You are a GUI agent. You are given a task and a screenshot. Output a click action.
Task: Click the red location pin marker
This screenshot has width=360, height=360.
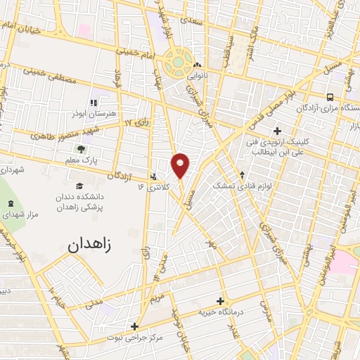(181, 165)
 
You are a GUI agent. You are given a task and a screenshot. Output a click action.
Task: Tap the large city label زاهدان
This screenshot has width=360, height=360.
(95, 245)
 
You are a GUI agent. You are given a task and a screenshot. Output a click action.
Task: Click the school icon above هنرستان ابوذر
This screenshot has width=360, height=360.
(97, 101)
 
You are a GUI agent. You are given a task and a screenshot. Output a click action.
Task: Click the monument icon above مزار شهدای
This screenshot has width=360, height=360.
(10, 204)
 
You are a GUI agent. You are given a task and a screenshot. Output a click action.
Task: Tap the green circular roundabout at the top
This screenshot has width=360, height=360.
(178, 61)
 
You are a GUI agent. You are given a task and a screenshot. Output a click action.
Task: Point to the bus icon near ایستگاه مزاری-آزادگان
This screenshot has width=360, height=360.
(330, 97)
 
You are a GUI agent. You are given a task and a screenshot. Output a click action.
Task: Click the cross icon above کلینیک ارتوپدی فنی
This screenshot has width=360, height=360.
(277, 130)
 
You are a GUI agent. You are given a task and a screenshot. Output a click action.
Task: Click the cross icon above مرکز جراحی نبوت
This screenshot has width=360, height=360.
(134, 326)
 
